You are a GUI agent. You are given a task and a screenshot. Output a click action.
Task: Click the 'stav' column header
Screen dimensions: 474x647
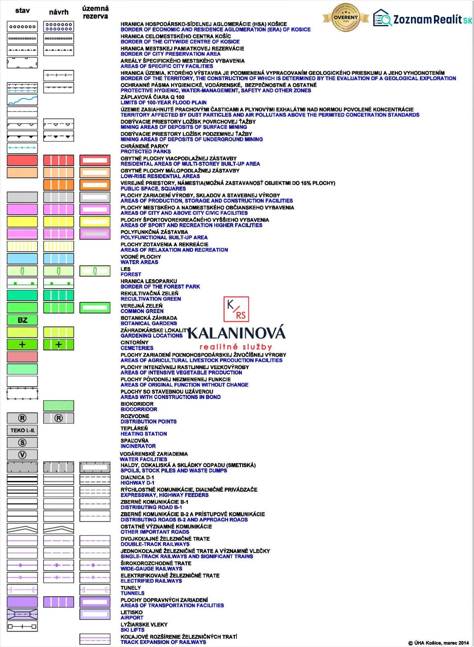click(x=22, y=11)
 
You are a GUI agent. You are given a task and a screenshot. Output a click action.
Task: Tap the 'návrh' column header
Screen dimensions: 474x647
click(x=59, y=12)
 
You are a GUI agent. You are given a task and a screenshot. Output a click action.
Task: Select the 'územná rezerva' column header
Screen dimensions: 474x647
click(x=95, y=12)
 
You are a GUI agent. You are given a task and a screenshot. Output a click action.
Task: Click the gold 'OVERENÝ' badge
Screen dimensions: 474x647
click(x=346, y=18)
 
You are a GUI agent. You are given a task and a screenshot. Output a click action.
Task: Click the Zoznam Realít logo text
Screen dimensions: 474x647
click(x=433, y=20)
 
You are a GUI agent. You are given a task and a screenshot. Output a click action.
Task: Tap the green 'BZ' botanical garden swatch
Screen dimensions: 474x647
click(x=22, y=320)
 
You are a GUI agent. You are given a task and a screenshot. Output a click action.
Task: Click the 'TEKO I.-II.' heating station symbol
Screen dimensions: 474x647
click(x=22, y=430)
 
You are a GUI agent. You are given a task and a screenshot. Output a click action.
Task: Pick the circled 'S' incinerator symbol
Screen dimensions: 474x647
click(x=22, y=442)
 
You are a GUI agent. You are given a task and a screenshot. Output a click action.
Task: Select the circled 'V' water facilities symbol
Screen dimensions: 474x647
click(x=22, y=455)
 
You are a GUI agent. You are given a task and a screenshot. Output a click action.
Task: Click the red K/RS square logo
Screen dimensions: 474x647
click(x=236, y=309)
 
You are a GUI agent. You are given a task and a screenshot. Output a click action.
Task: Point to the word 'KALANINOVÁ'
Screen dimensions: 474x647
click(x=236, y=333)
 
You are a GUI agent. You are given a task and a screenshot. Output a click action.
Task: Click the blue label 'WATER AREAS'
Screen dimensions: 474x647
click(x=139, y=262)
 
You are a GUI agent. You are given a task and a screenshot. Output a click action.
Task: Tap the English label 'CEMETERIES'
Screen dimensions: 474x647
click(x=137, y=348)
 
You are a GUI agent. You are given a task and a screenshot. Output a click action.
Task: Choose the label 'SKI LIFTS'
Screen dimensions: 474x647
click(x=132, y=630)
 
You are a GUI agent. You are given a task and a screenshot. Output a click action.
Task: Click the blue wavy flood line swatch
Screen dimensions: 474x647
click(x=22, y=100)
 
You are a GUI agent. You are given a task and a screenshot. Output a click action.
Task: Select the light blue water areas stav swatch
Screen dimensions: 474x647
click(x=22, y=258)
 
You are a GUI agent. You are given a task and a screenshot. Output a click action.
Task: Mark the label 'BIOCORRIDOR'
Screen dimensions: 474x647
click(x=139, y=409)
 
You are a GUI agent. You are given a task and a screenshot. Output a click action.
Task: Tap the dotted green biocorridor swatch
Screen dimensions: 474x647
click(x=59, y=406)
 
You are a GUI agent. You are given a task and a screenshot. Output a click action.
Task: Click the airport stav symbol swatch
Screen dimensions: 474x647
click(x=22, y=614)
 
